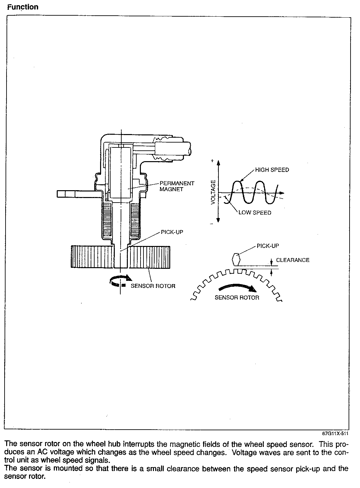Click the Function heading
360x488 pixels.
point(23,7)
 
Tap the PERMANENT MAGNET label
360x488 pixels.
point(177,186)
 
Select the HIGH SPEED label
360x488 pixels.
point(272,170)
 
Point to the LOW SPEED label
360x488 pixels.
point(255,213)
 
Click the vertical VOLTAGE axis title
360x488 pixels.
point(213,192)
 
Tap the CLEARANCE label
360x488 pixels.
point(293,260)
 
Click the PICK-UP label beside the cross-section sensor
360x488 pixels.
point(172,232)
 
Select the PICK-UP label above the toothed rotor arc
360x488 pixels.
point(268,246)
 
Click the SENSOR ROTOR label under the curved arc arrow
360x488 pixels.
point(237,297)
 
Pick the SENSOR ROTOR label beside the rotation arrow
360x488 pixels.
point(153,286)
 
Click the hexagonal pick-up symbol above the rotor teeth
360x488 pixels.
point(236,259)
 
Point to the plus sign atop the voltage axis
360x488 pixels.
point(212,161)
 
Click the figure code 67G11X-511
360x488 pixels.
point(335,434)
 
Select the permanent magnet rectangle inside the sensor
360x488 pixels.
point(121,173)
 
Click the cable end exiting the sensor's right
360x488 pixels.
point(173,149)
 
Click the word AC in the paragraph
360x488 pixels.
point(42,452)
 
